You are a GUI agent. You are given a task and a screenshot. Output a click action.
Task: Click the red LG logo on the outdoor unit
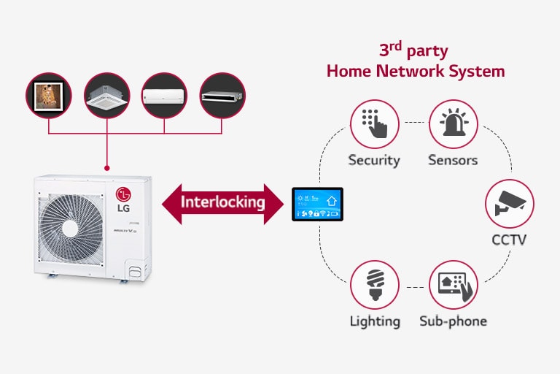(x=124, y=194)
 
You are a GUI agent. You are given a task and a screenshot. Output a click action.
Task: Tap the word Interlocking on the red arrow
(x=222, y=202)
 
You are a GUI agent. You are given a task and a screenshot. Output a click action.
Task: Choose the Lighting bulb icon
(x=374, y=284)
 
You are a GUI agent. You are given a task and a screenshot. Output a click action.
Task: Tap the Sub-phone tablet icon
(x=453, y=284)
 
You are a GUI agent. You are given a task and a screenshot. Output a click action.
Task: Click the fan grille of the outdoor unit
(x=71, y=226)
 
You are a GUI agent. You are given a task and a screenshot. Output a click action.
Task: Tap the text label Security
(x=374, y=160)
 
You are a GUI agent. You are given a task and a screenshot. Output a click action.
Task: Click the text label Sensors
(x=453, y=160)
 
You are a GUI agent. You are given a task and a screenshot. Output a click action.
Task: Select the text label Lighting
(x=374, y=321)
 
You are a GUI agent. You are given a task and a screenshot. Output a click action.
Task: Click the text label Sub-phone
(x=453, y=321)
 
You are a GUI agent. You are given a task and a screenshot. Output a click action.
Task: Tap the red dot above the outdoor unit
(x=107, y=168)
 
